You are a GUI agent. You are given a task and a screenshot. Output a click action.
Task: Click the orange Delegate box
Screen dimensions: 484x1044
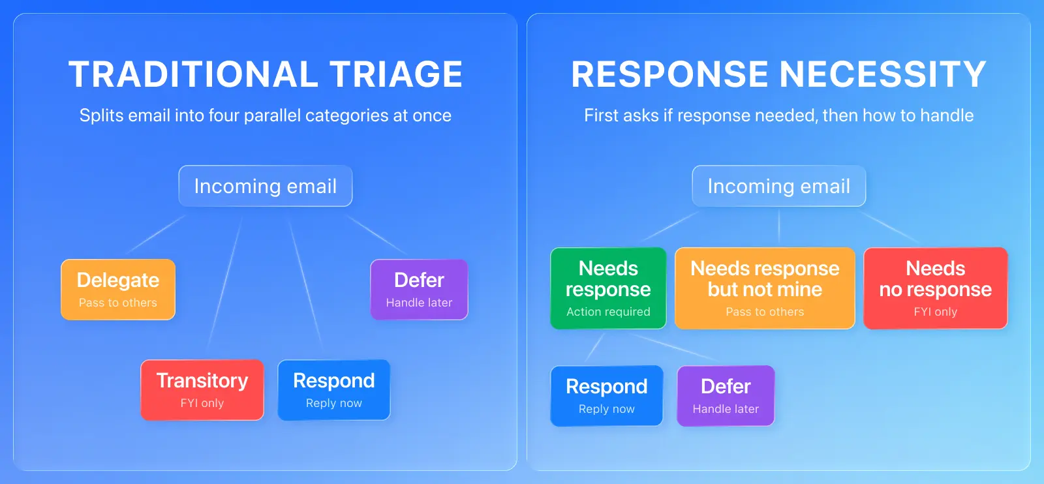tap(118, 290)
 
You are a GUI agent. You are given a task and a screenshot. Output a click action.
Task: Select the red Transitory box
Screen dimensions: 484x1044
tap(202, 390)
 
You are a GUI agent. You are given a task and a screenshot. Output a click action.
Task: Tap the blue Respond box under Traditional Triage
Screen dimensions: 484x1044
tap(334, 390)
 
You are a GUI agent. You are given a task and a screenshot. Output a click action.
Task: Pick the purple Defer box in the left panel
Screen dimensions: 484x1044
tap(419, 290)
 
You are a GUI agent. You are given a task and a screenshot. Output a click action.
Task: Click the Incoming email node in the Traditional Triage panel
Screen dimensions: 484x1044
tap(266, 186)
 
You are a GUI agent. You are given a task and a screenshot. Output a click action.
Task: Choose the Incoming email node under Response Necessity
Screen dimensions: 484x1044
tap(779, 186)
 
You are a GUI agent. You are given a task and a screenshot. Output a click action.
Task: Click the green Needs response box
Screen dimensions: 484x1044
tap(608, 288)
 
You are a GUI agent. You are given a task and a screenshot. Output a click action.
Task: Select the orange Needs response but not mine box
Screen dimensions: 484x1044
tap(765, 288)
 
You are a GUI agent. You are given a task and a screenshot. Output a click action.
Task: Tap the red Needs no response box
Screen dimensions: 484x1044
tap(936, 288)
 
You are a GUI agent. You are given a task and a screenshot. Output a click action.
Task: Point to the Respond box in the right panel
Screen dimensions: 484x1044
tap(607, 396)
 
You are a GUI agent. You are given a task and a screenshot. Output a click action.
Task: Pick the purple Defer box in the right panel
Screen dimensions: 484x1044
tap(726, 396)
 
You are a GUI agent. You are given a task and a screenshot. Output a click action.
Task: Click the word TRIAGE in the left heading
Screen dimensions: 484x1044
tap(396, 74)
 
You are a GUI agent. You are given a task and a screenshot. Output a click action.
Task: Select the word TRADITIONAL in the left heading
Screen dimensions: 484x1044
tap(193, 74)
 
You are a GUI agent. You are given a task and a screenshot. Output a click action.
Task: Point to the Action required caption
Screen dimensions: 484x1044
tap(608, 312)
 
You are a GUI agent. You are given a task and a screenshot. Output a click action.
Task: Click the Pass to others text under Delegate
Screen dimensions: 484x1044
tap(118, 303)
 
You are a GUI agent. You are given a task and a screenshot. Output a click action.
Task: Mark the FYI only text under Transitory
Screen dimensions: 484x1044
tap(202, 403)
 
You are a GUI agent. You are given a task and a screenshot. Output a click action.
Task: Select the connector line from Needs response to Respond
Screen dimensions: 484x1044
tap(595, 346)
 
